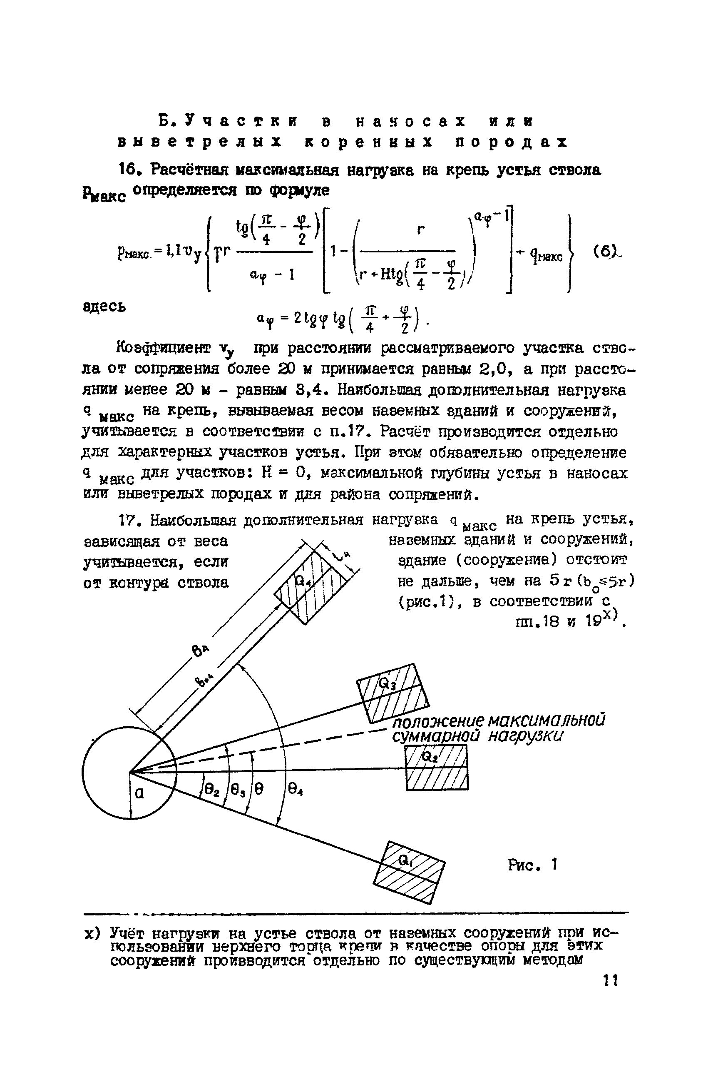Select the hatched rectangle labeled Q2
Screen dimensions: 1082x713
[x=437, y=771]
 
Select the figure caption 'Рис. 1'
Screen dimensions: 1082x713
[x=532, y=865]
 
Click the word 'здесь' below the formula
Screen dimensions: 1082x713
[x=104, y=307]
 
